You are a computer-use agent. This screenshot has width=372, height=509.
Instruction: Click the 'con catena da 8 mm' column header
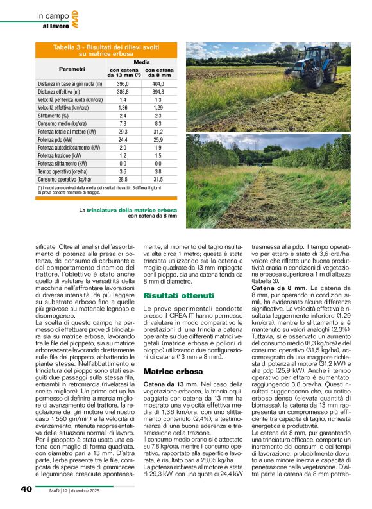pyautogui.click(x=158, y=73)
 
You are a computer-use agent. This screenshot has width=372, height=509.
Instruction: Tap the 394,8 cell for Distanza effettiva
pyautogui.click(x=158, y=92)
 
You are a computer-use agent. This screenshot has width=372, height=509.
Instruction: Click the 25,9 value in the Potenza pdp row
pyautogui.click(x=158, y=139)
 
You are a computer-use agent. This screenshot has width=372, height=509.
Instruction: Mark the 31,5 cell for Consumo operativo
pyautogui.click(x=158, y=179)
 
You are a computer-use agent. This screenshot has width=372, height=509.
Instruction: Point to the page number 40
pyautogui.click(x=26, y=488)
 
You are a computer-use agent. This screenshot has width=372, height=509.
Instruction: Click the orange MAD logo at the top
pyautogui.click(x=75, y=19)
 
